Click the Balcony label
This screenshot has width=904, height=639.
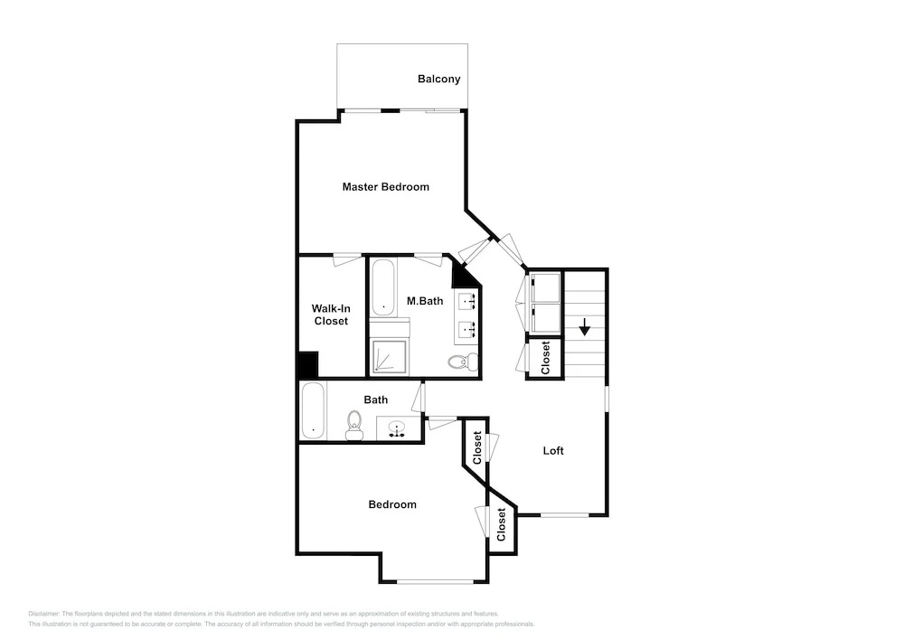pyautogui.click(x=438, y=80)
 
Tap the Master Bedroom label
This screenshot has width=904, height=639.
pyautogui.click(x=386, y=187)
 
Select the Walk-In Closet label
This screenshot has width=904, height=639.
pyautogui.click(x=331, y=315)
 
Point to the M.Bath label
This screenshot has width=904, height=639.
pyautogui.click(x=425, y=301)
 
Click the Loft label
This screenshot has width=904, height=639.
pyautogui.click(x=553, y=451)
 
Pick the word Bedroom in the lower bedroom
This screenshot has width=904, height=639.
pyautogui.click(x=392, y=504)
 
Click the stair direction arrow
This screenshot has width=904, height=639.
pyautogui.click(x=585, y=326)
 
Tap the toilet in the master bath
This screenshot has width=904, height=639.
pyautogui.click(x=463, y=362)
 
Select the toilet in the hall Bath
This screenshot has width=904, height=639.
pyautogui.click(x=354, y=425)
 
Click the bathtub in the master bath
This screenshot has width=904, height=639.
pyautogui.click(x=382, y=287)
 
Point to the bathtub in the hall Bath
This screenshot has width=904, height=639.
pyautogui.click(x=314, y=411)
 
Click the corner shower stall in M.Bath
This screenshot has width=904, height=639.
pyautogui.click(x=389, y=357)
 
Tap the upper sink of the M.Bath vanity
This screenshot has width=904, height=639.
pyautogui.click(x=467, y=300)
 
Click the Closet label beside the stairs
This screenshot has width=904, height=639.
pyautogui.click(x=545, y=357)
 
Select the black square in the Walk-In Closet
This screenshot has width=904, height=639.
pyautogui.click(x=308, y=364)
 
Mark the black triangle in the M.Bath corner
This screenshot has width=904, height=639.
pyautogui.click(x=465, y=276)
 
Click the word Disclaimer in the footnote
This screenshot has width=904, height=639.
pyautogui.click(x=43, y=614)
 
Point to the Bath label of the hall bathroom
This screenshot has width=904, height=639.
pyautogui.click(x=376, y=399)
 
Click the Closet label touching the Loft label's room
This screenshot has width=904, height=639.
pyautogui.click(x=476, y=447)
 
